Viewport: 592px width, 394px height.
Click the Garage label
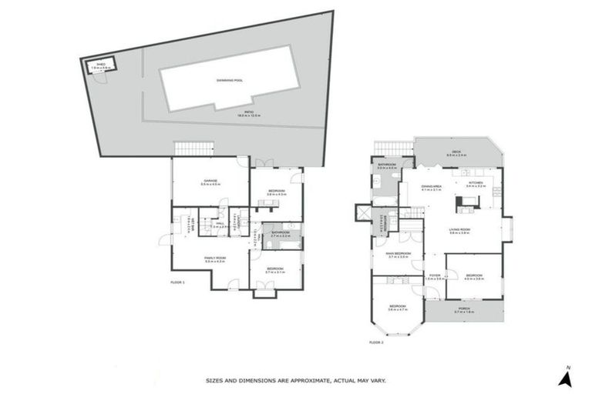coord(210,181)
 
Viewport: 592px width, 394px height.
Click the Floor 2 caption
coord(376,342)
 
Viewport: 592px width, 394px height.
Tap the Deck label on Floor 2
coord(456,154)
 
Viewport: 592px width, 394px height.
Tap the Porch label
coord(464,309)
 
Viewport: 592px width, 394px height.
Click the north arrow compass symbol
coord(566,377)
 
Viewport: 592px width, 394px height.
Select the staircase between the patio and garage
coord(193,148)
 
